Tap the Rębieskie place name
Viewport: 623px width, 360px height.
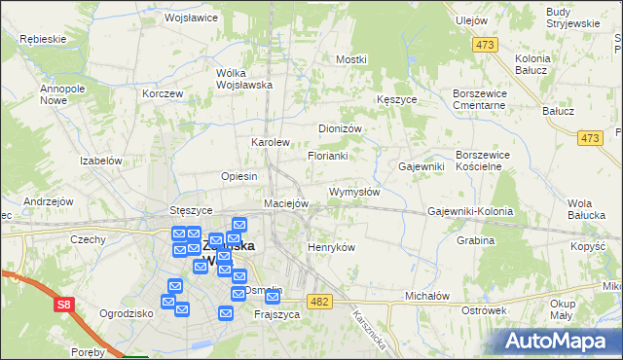coord(42,39)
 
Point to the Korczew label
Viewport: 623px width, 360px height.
coord(162,93)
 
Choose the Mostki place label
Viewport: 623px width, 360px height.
coord(350,59)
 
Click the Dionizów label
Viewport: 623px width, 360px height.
coord(341,128)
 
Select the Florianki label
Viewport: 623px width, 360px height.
coord(328,156)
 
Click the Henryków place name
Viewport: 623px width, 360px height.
coord(331,247)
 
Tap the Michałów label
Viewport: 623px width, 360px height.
coord(426,295)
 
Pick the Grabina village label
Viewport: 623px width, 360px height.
coord(475,239)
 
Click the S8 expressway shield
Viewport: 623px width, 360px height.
coord(63,306)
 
